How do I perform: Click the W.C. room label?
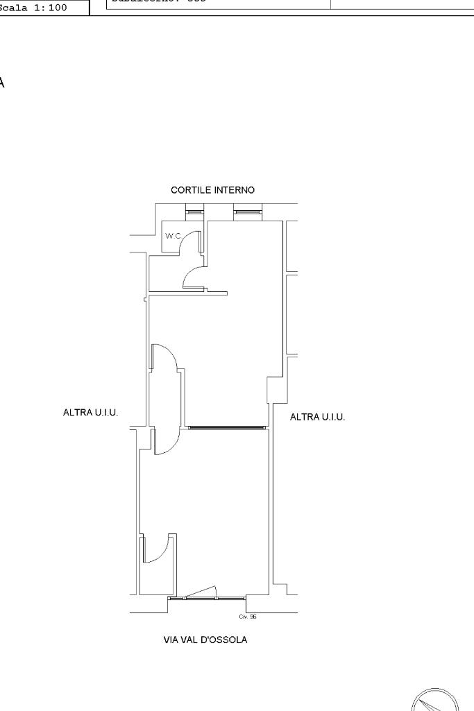(x=172, y=236)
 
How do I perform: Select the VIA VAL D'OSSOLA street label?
(x=205, y=640)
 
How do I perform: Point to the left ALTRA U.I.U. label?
(x=90, y=412)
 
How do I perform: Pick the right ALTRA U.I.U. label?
(x=317, y=417)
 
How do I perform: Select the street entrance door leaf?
(x=201, y=592)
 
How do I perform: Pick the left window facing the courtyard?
(x=194, y=211)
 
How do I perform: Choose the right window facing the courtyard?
(x=248, y=211)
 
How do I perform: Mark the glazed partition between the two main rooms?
(x=228, y=427)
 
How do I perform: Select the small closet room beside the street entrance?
(x=157, y=565)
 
